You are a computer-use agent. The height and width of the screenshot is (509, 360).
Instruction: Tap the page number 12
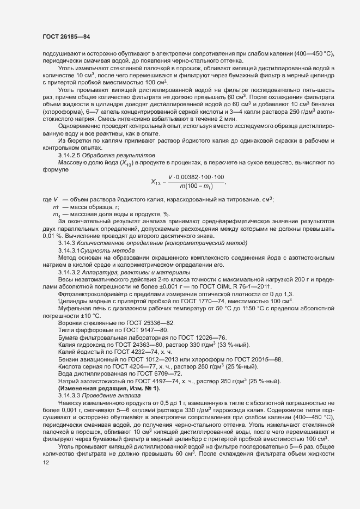coord(46,463)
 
